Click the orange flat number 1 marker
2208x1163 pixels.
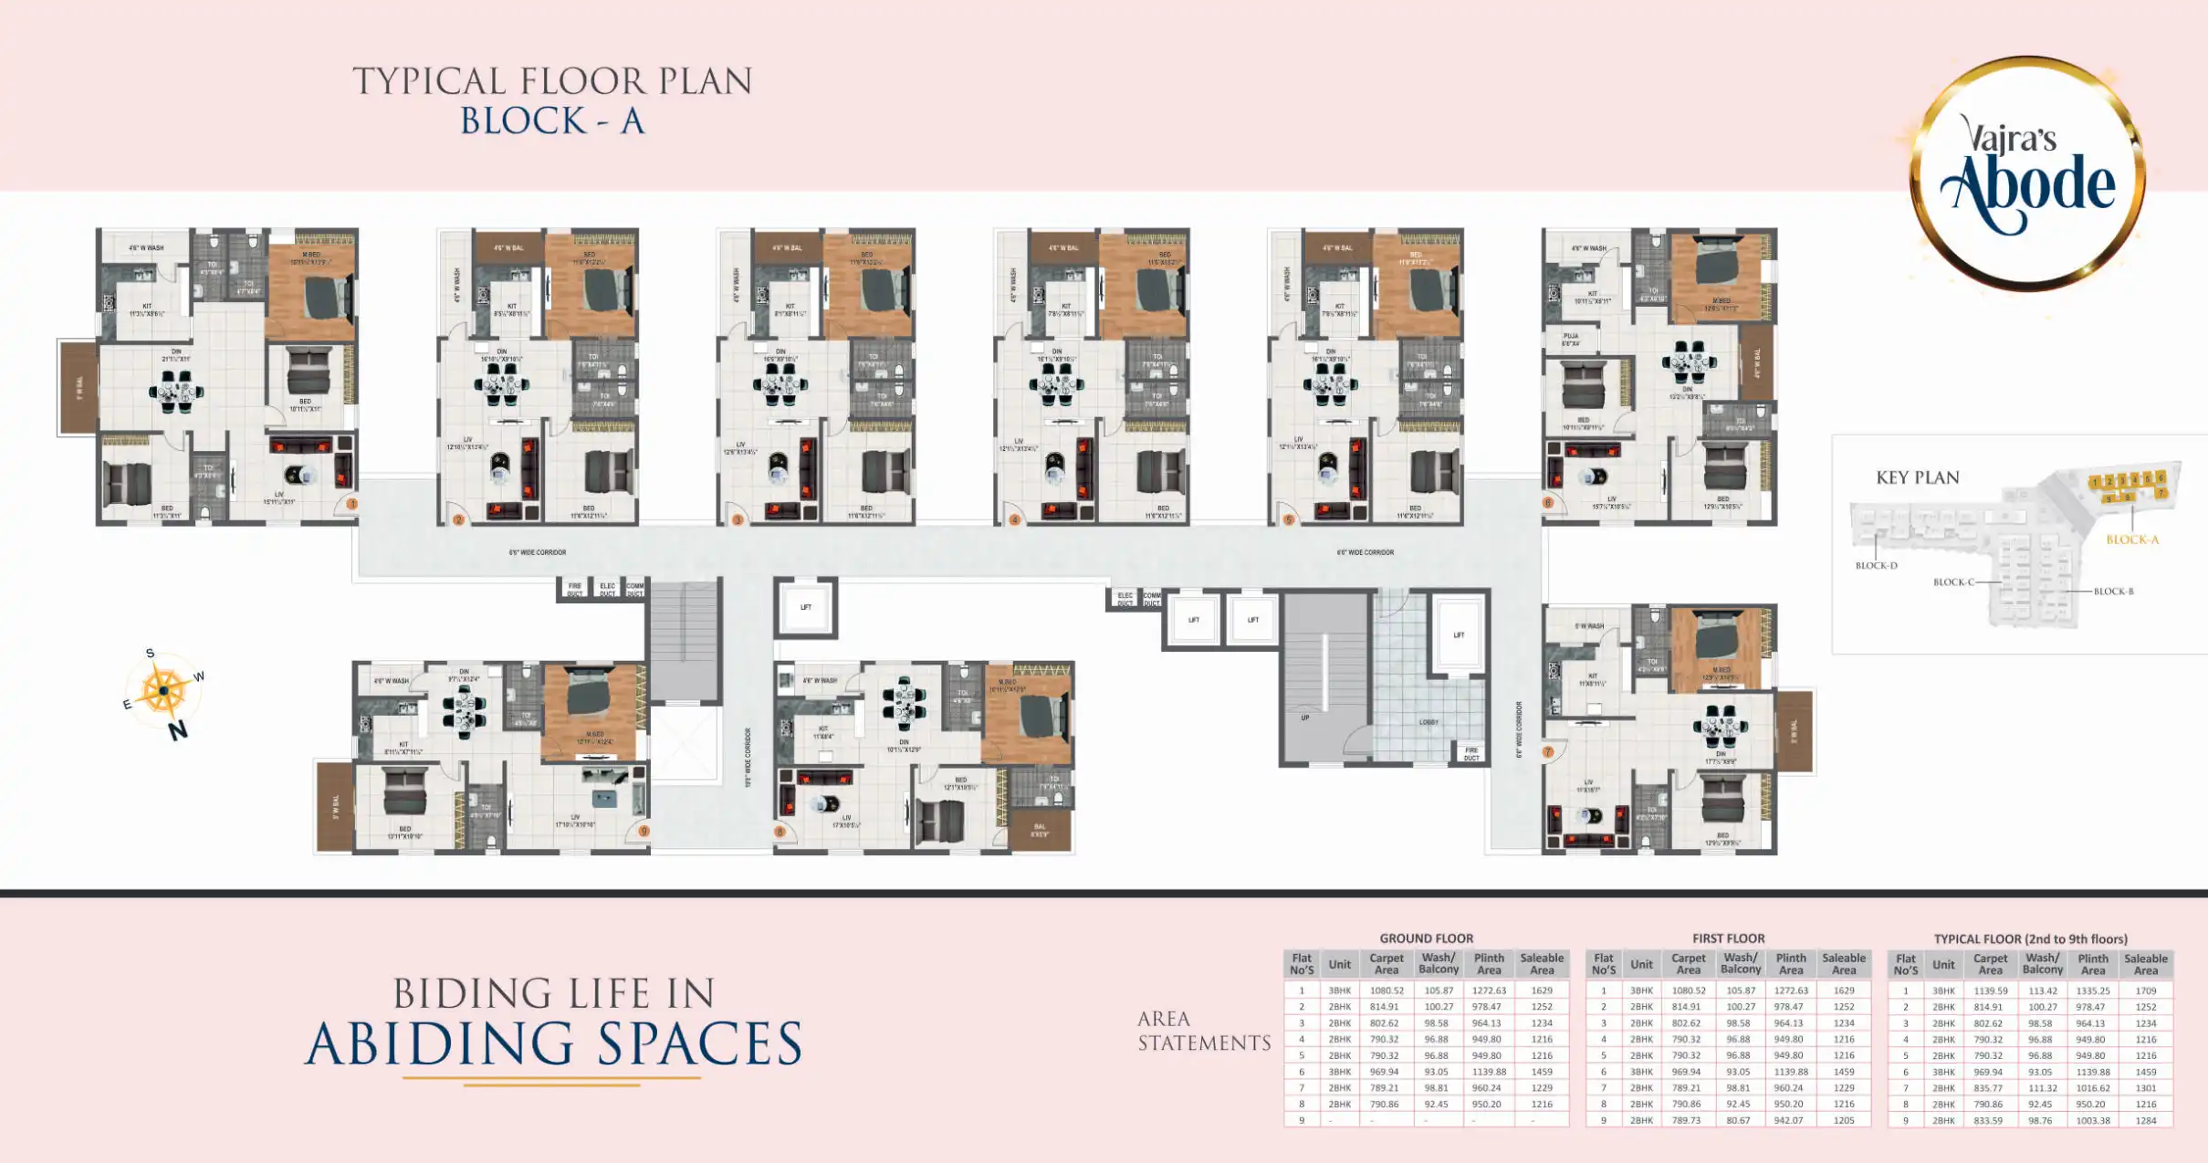351,503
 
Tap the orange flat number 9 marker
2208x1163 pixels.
644,831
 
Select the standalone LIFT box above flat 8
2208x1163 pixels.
805,607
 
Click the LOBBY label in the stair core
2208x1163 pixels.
1428,722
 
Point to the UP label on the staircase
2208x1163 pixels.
1305,718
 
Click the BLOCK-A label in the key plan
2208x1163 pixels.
2132,540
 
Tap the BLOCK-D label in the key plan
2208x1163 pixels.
1876,566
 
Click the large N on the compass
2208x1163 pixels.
178,729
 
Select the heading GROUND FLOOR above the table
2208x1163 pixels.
1426,938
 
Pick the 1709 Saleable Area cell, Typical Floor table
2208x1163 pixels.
2145,990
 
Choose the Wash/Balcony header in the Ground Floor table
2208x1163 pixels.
1438,964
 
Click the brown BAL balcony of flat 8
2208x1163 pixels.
1040,830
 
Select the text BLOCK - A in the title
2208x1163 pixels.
552,121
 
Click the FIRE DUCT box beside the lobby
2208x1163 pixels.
1470,753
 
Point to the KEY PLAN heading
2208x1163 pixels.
1917,477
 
